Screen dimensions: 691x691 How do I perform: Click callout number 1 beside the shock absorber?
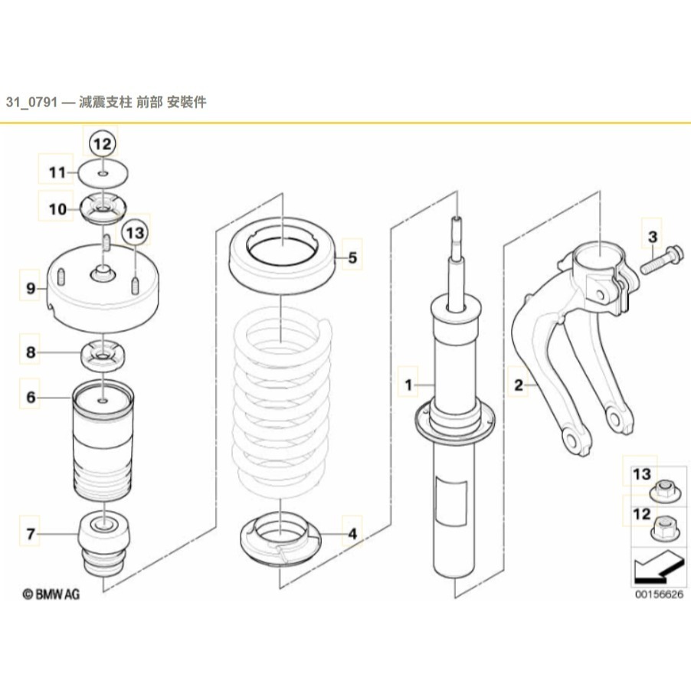(409, 383)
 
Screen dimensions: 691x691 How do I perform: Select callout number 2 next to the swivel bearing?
(519, 385)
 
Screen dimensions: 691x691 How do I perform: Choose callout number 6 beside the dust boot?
(31, 397)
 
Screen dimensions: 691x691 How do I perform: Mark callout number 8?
(31, 352)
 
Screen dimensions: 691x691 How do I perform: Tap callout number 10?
(58, 208)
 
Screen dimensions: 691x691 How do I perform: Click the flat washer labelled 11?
(103, 172)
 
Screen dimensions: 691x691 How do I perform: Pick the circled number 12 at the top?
(103, 143)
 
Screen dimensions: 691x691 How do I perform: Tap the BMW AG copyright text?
(51, 593)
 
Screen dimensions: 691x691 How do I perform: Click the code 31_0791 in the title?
(34, 102)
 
